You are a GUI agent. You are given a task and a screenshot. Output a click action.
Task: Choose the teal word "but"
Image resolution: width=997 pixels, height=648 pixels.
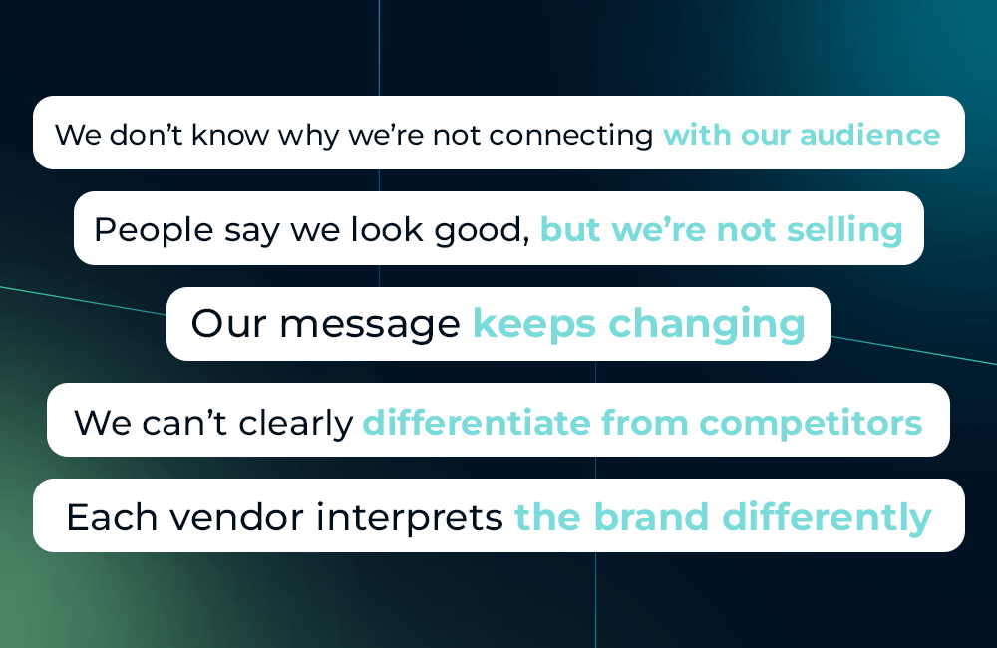point(570,230)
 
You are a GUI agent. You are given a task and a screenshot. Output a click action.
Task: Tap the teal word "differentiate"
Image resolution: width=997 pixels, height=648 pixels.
point(478,423)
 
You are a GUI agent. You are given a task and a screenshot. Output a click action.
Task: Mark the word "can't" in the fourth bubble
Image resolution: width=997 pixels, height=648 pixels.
point(197,423)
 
